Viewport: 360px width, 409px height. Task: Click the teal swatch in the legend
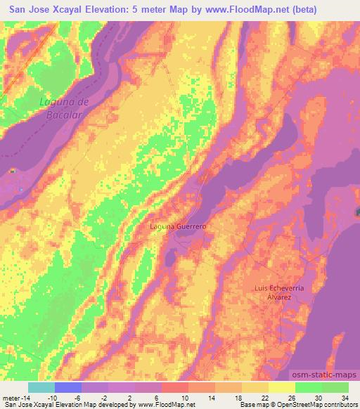coord(41,387)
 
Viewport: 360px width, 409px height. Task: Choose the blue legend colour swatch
coord(68,387)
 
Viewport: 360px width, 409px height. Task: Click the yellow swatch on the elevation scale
coord(281,387)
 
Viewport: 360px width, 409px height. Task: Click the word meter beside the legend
coord(11,398)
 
